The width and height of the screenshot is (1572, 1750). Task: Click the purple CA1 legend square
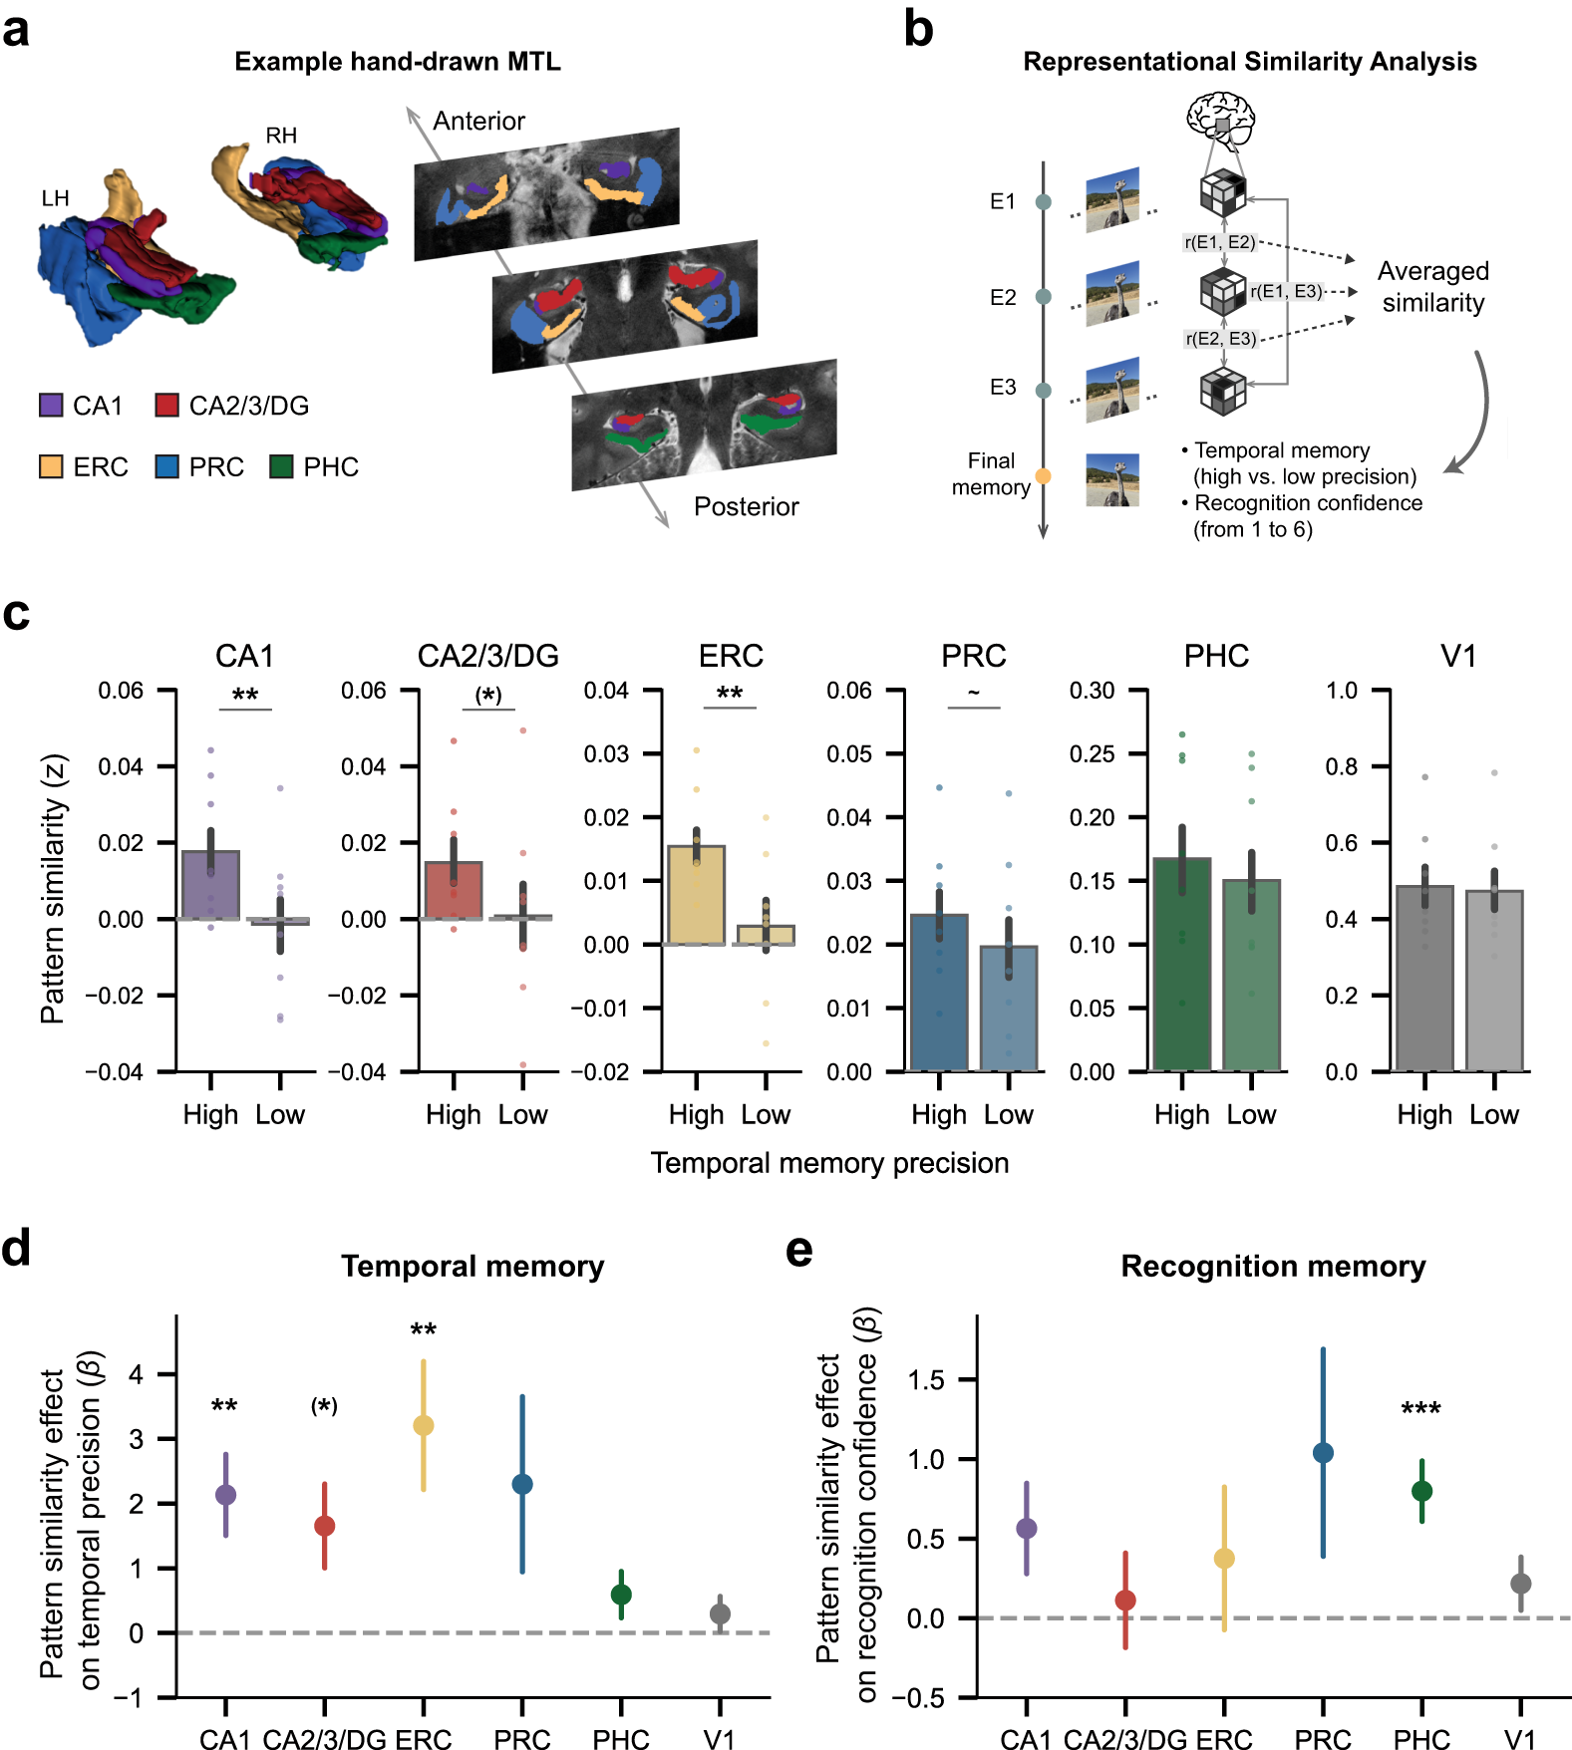[x=51, y=406]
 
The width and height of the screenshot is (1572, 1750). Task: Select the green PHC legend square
[x=281, y=466]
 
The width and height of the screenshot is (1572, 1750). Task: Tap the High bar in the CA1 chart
[x=210, y=886]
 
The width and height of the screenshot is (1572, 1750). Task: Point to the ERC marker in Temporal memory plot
[x=424, y=1426]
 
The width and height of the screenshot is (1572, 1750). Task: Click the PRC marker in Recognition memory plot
[x=1323, y=1453]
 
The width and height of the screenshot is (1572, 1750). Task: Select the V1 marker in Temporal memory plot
[x=720, y=1613]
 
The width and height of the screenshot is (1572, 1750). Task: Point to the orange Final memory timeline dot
[x=1044, y=475]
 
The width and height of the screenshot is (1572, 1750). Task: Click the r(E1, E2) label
[x=1219, y=242]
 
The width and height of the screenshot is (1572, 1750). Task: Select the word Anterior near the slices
[x=478, y=122]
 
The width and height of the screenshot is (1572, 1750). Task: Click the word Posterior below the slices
[x=746, y=507]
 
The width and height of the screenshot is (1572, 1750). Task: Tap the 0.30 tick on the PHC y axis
[x=1092, y=691]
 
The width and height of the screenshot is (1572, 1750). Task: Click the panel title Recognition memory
[x=1273, y=1267]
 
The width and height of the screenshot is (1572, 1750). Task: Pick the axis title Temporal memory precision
[x=829, y=1163]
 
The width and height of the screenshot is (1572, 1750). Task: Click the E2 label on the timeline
[x=1003, y=297]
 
